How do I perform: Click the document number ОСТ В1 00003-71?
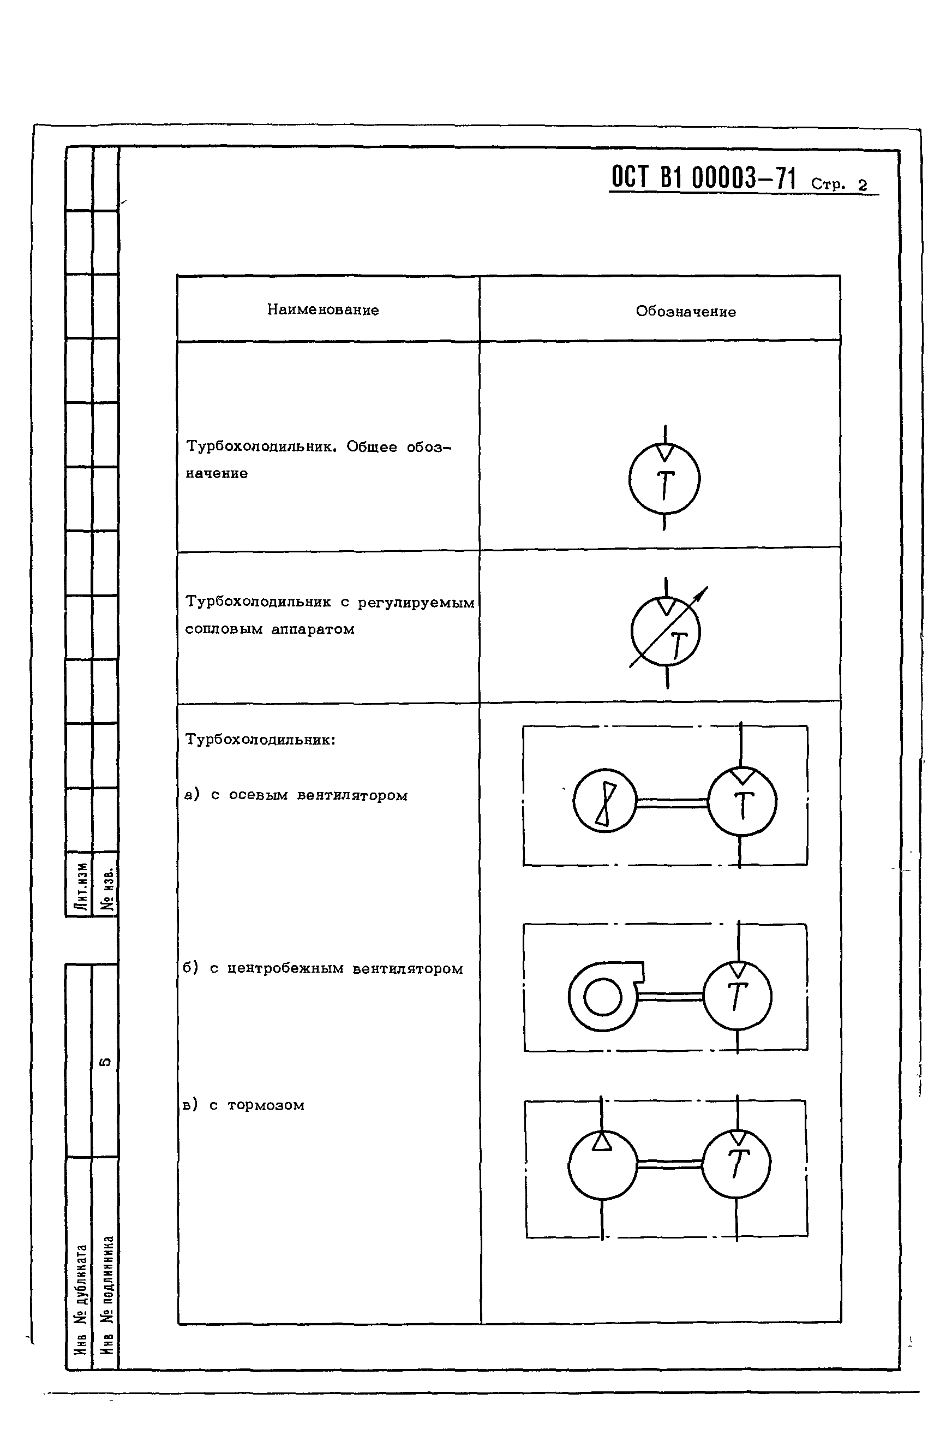coord(703,178)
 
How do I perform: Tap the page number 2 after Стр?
coord(863,185)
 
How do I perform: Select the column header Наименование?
coord(323,309)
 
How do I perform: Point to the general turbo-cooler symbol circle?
coord(664,479)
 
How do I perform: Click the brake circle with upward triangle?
coord(602,1164)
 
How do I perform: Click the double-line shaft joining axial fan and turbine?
coord(672,803)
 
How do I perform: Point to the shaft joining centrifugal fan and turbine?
coord(670,997)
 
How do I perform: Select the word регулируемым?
coord(416,603)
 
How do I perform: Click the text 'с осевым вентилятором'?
coord(309,795)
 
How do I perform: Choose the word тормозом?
coord(266,1105)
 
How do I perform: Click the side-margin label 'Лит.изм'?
coord(80,886)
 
